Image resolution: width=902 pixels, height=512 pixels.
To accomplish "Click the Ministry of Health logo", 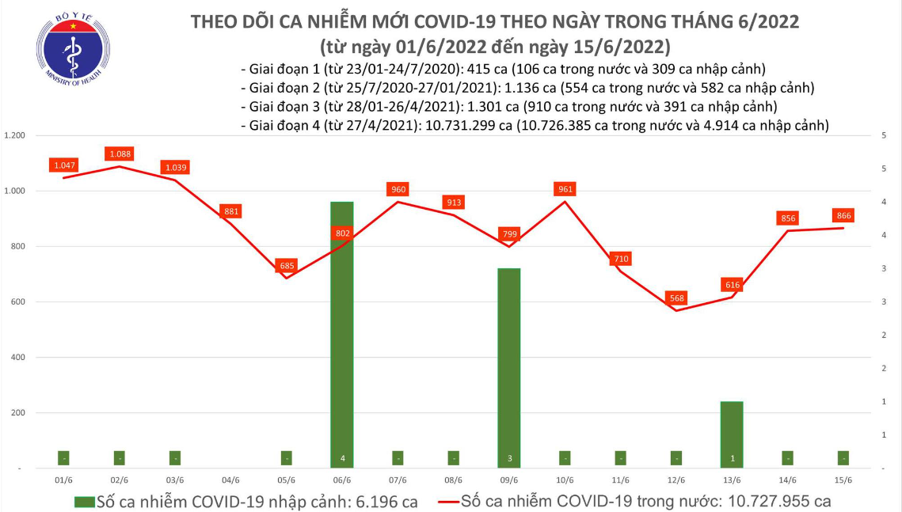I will pos(72,52).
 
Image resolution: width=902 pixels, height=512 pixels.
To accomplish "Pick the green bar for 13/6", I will pos(732,434).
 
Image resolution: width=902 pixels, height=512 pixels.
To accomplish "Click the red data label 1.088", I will pos(120,154).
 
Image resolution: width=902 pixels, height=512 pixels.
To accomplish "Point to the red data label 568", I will pos(676,298).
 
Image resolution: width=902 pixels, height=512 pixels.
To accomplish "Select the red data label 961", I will pos(565,189).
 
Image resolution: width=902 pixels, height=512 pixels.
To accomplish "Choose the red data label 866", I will pos(843,215).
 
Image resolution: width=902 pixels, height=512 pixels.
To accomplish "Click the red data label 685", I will pos(287,266).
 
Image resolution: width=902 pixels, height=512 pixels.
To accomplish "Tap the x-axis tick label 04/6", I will pos(230,480).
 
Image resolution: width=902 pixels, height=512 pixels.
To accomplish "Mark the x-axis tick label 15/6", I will pos(843,480).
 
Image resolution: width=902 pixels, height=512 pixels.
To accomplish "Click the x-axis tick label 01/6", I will pos(63,480).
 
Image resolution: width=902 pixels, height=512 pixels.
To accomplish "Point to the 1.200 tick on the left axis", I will pos(15,136).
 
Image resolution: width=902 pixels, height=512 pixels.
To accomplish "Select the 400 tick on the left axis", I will pos(18,358).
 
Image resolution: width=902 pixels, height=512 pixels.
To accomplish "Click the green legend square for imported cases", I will pos(84,502).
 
